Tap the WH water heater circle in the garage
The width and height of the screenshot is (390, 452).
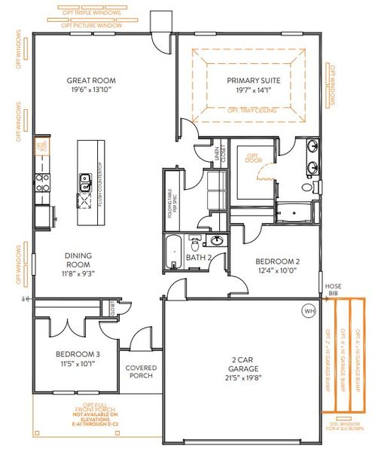pyautogui.click(x=309, y=310)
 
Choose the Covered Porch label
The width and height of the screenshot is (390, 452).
pyautogui.click(x=141, y=372)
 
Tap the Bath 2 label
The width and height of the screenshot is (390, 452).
pyautogui.click(x=197, y=259)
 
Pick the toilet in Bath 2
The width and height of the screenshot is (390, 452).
pyautogui.click(x=194, y=243)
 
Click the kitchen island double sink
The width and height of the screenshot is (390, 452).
pyautogui.click(x=85, y=182)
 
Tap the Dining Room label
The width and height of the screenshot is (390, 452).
pyautogui.click(x=78, y=261)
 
